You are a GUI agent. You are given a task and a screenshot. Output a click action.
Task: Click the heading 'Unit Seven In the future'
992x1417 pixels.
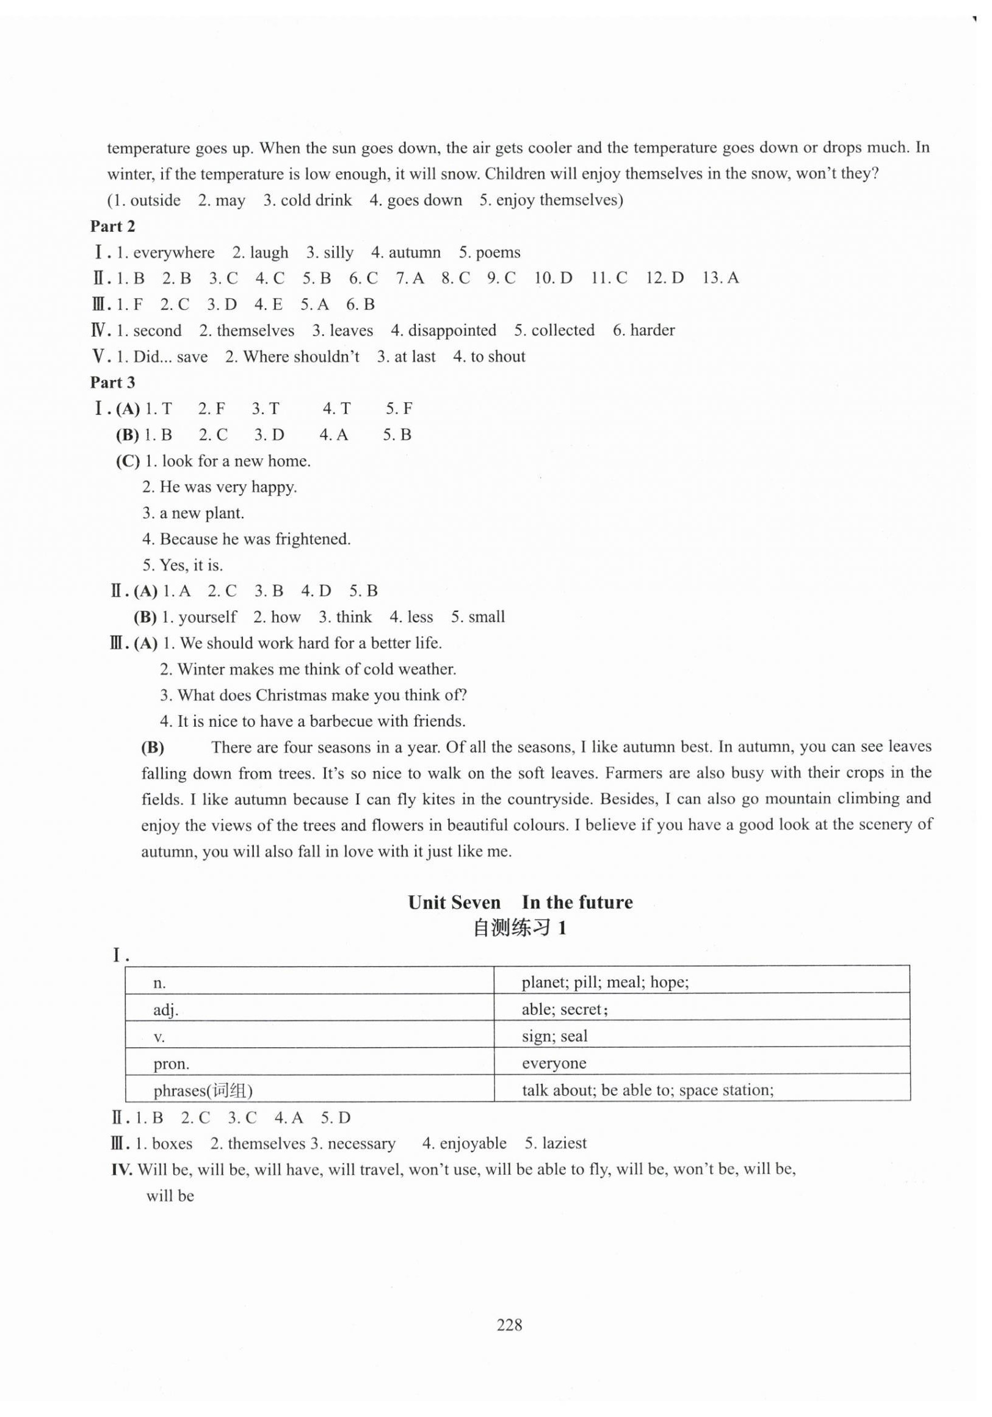520,903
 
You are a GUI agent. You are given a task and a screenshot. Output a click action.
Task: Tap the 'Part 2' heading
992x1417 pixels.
112,226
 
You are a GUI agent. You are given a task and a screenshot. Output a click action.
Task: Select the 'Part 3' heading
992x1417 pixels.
112,383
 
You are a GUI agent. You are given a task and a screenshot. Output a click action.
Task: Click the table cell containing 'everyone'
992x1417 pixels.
701,1063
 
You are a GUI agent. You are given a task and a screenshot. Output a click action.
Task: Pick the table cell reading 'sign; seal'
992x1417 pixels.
701,1036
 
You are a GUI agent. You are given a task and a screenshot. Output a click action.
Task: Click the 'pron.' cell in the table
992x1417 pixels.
309,1063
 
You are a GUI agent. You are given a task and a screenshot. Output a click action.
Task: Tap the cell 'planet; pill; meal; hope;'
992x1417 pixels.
701,983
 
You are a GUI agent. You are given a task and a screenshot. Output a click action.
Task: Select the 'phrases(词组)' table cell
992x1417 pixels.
309,1091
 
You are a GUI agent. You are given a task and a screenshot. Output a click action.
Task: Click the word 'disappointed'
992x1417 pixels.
452,330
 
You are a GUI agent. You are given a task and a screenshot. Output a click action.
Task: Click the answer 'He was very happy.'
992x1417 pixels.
228,487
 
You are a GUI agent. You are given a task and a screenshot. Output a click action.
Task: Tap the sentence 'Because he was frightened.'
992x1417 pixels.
255,539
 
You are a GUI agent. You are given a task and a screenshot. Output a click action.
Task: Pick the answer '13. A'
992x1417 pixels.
720,278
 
